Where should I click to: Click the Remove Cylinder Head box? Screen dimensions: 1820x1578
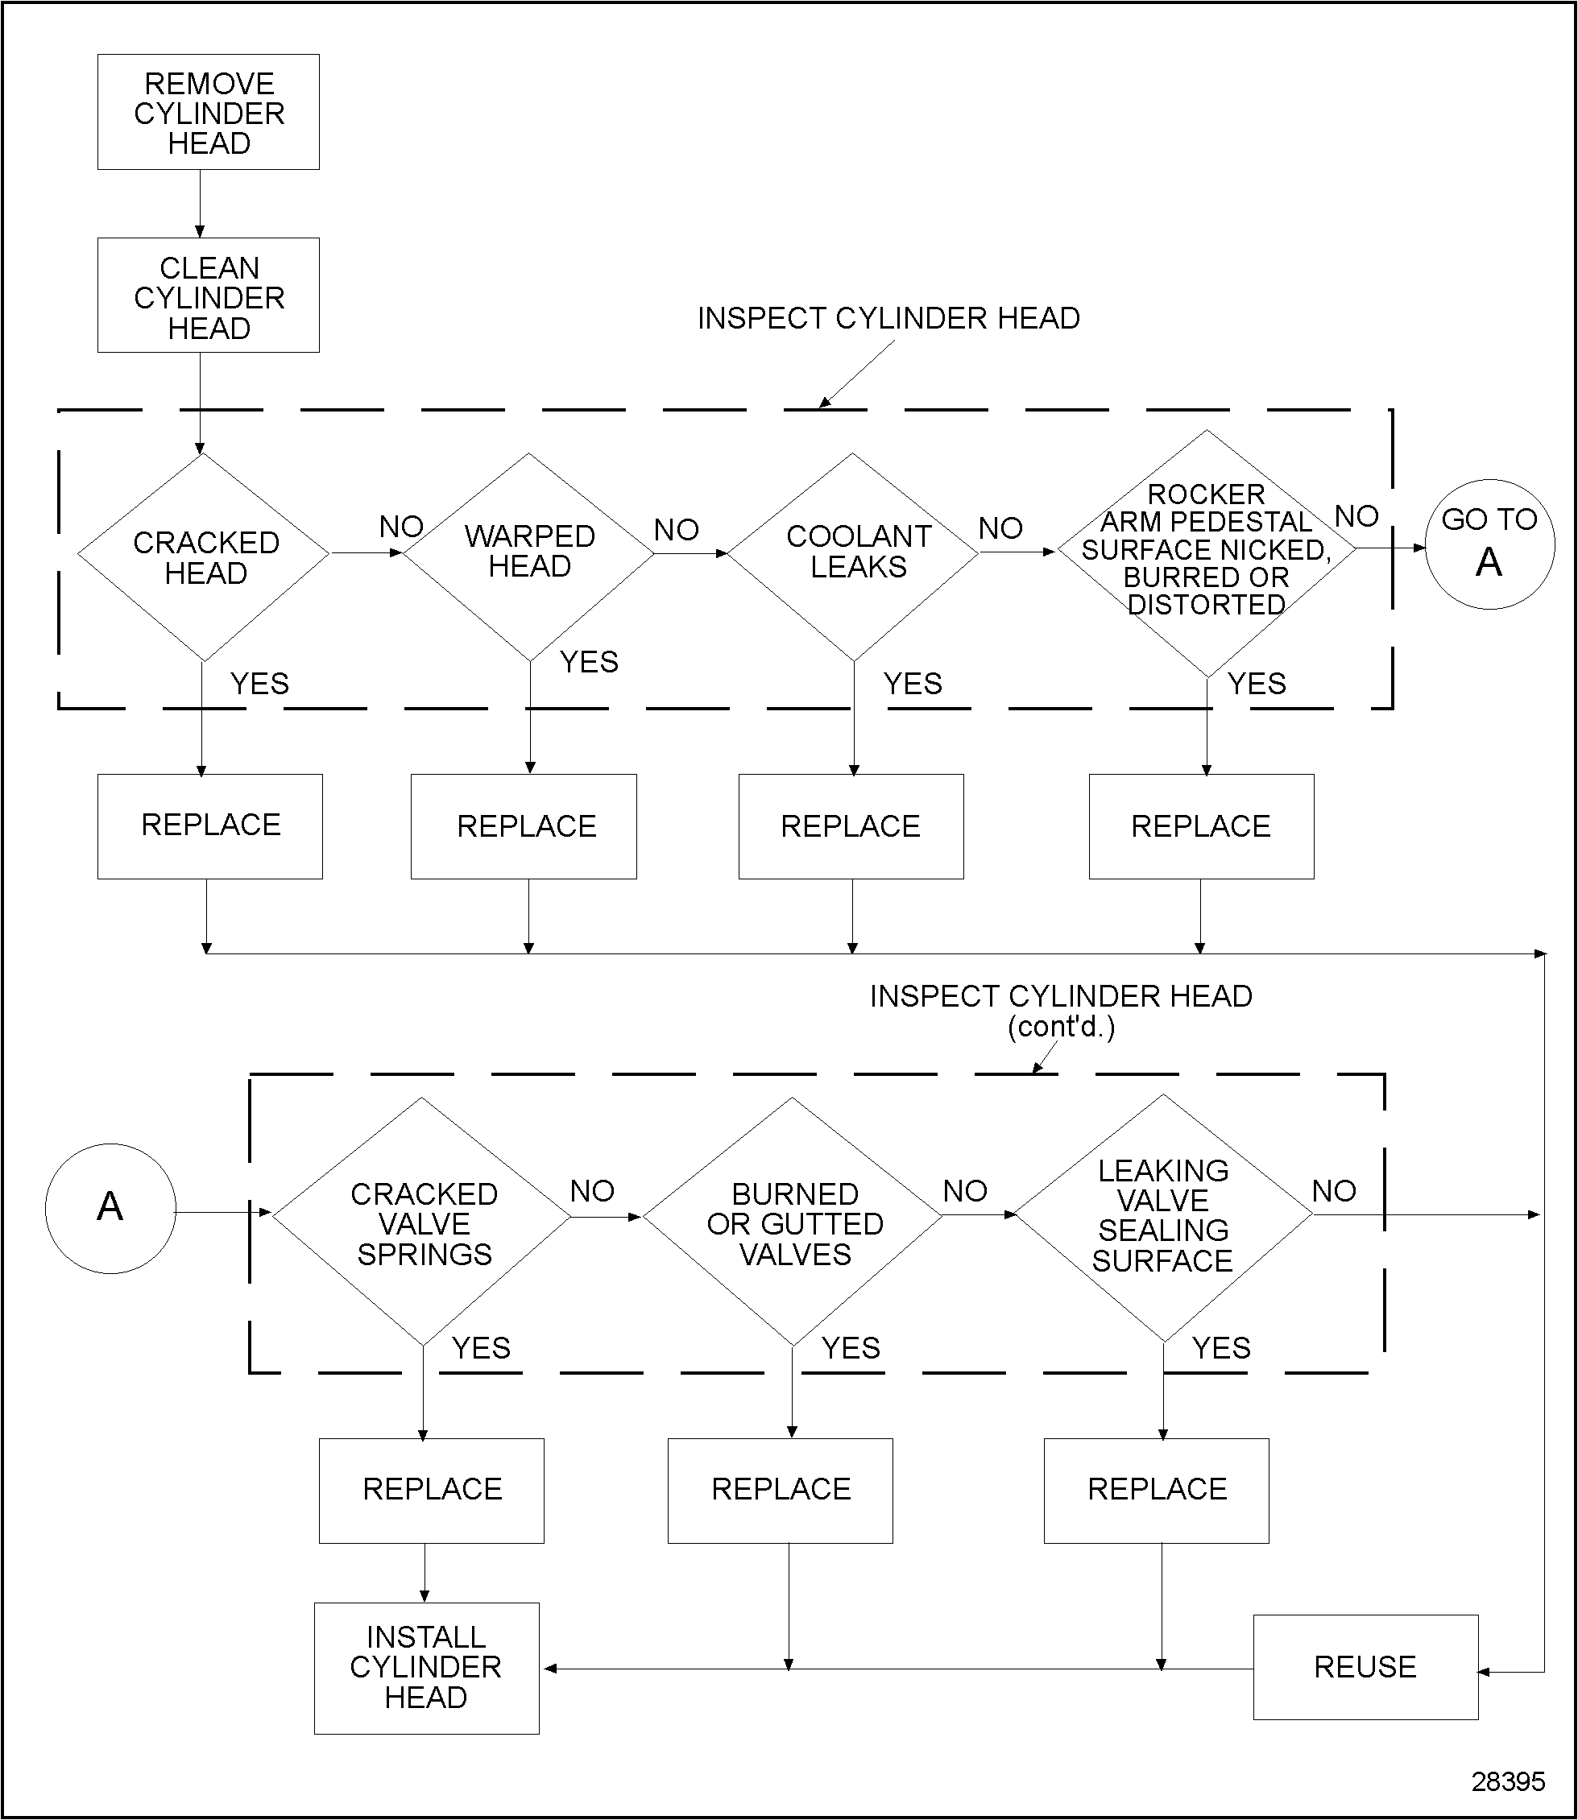(208, 112)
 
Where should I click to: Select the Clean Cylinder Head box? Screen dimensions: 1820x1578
(208, 296)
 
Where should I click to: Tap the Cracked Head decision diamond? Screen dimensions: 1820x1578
(204, 556)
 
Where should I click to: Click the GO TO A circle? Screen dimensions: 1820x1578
(1489, 544)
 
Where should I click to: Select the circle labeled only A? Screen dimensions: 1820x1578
(110, 1208)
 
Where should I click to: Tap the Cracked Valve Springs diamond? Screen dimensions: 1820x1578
(423, 1222)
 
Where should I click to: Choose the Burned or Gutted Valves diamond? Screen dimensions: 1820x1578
(793, 1222)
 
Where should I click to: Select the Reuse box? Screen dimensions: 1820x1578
(1365, 1667)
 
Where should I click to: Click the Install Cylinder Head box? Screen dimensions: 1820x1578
(426, 1668)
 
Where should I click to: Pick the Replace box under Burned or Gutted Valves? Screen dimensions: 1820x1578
(781, 1490)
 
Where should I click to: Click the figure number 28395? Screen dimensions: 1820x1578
(1508, 1781)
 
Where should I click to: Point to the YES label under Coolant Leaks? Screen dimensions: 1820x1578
(913, 685)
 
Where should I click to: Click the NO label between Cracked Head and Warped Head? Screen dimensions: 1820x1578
(400, 527)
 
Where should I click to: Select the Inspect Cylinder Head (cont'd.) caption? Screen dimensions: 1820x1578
(1060, 1010)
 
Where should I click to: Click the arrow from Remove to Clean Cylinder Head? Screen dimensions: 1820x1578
(200, 205)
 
